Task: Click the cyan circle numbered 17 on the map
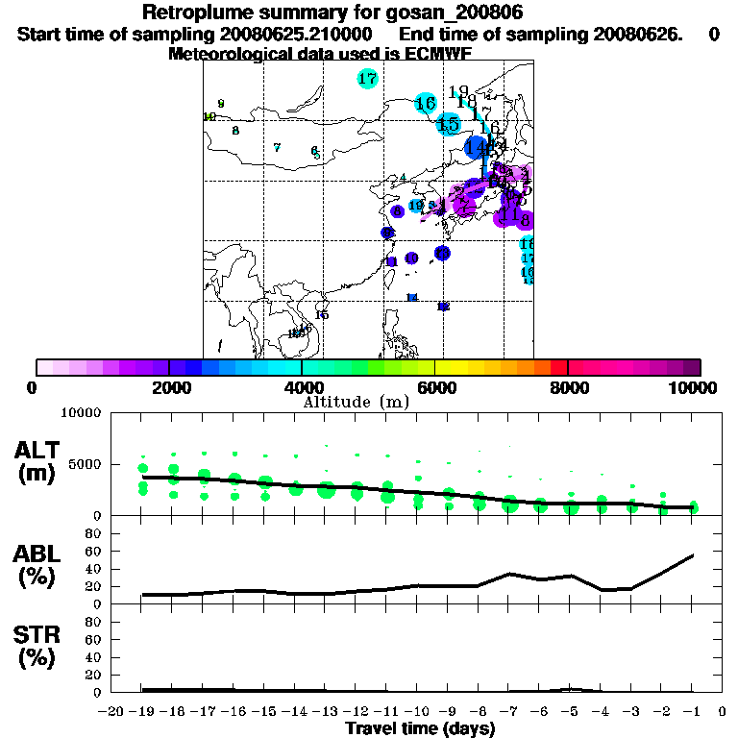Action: coord(367,79)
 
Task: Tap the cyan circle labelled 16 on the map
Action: coord(426,103)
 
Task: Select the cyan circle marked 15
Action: coord(448,124)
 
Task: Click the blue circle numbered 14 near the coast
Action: coord(475,147)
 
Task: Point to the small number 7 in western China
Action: coord(277,147)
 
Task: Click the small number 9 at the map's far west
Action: coord(221,103)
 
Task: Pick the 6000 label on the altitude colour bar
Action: coord(434,387)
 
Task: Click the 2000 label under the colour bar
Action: coord(168,387)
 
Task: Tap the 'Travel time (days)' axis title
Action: coord(420,728)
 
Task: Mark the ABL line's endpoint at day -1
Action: coord(693,554)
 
